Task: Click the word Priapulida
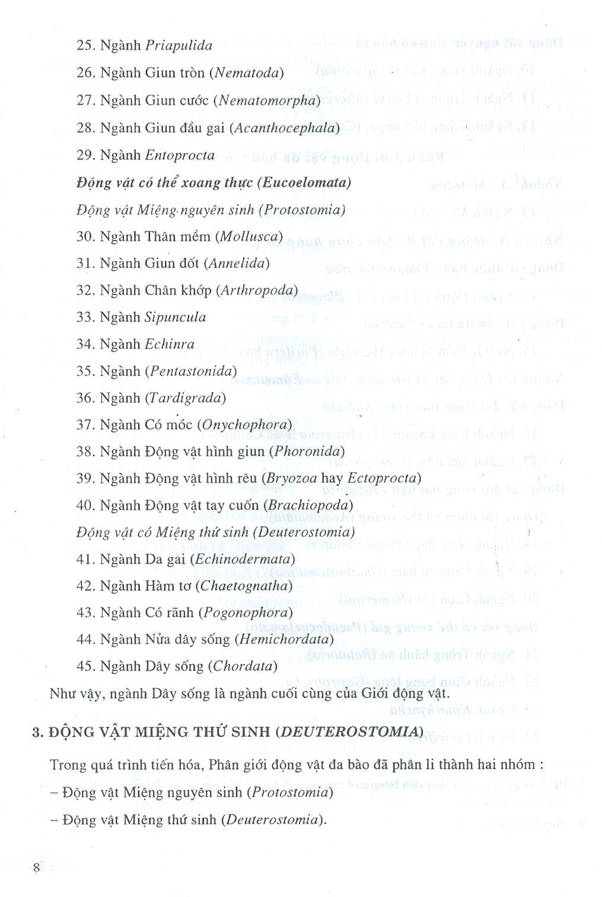click(x=179, y=46)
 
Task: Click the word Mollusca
click(x=249, y=237)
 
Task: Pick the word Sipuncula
click(x=175, y=317)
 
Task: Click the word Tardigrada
click(x=185, y=398)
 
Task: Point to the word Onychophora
click(x=245, y=424)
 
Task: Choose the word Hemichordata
click(x=284, y=640)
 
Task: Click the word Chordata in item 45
click(x=243, y=666)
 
